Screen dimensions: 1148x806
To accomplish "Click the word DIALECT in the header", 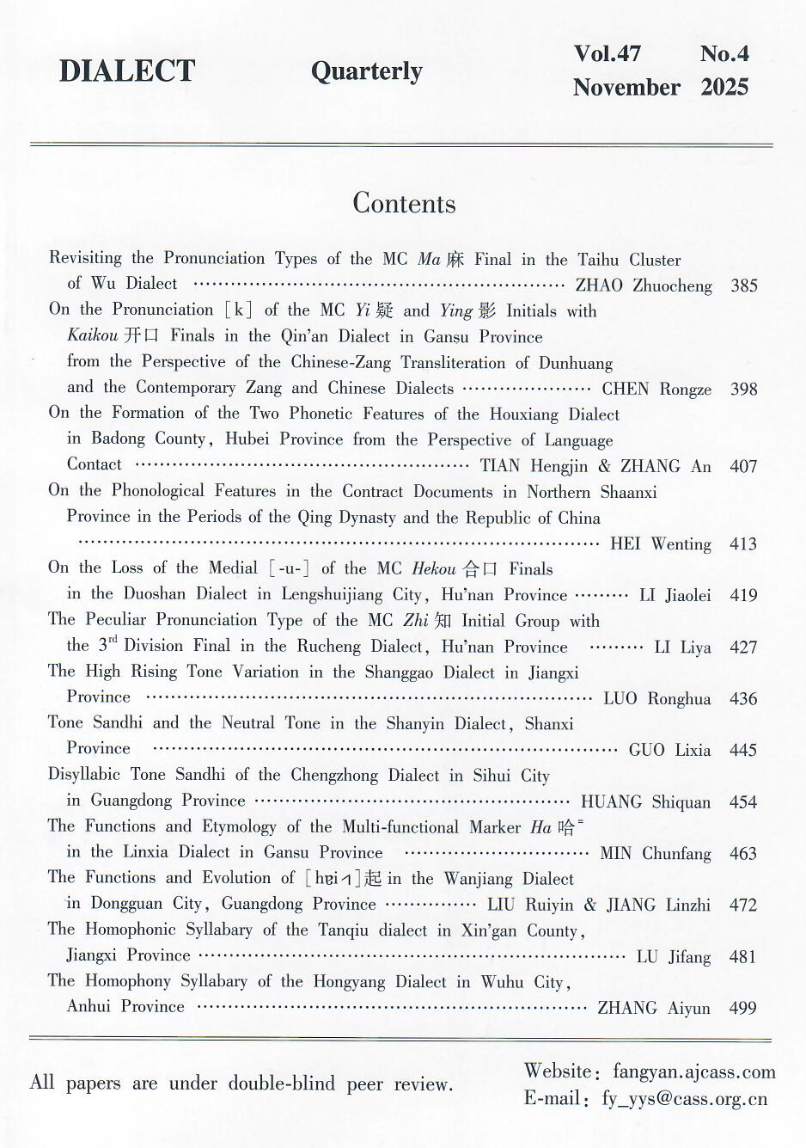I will coord(127,71).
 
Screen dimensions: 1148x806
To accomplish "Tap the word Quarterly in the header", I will coord(366,71).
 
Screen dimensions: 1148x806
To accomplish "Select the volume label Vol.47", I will coord(607,53).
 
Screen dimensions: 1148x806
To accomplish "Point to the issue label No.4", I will coord(724,53).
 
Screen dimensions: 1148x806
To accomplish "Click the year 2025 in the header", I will coord(724,87).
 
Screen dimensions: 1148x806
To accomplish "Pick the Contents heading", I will coord(404,204).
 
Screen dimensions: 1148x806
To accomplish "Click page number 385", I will coord(743,285).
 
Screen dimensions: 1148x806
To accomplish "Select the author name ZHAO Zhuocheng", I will coord(644,285).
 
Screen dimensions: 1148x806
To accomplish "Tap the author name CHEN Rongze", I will coord(656,389).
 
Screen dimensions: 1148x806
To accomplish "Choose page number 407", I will coord(743,466).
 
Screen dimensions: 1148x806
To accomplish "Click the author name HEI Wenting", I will coord(660,543).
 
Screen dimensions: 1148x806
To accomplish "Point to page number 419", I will coord(743,595).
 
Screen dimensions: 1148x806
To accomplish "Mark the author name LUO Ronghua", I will coord(656,698).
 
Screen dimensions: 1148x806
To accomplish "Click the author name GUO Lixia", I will coord(669,750).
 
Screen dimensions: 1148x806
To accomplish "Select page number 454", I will coord(743,801).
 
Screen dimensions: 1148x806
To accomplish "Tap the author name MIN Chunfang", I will coord(655,853).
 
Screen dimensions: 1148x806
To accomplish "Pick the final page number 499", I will coord(742,1008).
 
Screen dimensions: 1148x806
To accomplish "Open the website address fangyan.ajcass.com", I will coord(693,1071).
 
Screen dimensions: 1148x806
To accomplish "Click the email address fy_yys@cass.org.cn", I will coord(684,1099).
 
